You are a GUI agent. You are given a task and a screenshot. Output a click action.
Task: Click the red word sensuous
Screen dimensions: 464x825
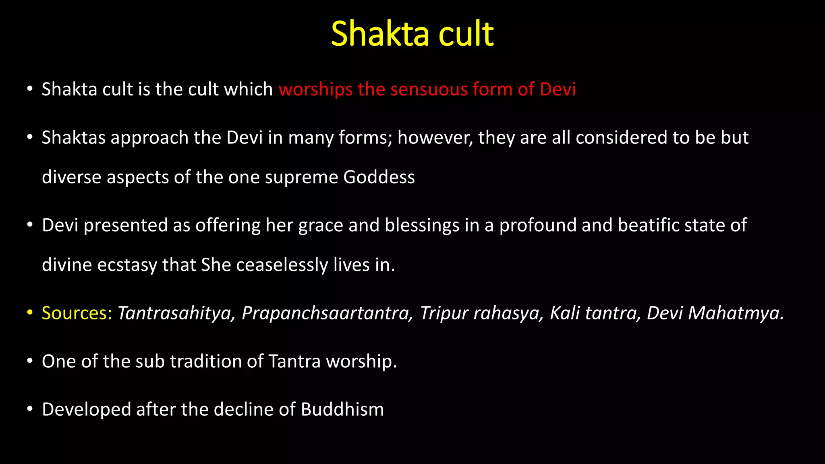[429, 89]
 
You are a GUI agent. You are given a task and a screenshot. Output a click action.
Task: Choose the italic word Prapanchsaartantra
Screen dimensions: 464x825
[327, 313]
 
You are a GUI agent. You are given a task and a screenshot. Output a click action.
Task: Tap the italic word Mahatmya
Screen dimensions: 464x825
[736, 313]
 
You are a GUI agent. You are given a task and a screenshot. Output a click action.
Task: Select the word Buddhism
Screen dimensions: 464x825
[342, 410]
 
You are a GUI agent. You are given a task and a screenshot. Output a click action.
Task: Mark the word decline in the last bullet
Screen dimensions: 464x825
[244, 410]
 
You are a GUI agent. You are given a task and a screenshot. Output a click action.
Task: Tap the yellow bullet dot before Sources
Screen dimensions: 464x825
[29, 313]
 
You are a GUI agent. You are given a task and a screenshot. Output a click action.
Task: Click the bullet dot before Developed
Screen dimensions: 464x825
[29, 409]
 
